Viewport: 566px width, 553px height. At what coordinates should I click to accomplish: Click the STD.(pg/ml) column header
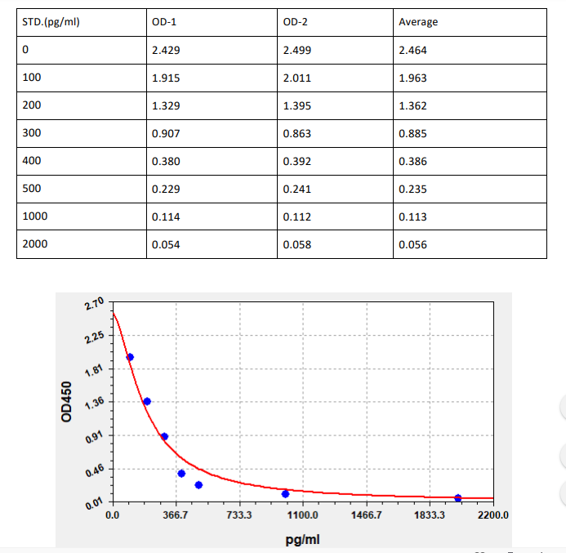[51, 22]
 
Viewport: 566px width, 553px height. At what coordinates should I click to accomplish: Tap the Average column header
[418, 22]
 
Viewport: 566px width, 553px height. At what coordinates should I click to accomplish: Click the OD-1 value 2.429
[166, 51]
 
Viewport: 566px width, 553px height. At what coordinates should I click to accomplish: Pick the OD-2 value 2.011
[296, 78]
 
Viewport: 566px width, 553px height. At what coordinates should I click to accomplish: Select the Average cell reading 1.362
[412, 106]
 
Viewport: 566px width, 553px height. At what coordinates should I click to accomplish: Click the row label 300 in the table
[32, 133]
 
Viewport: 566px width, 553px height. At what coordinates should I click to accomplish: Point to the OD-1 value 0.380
[166, 162]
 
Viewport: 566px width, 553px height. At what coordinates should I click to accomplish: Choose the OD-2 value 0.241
[296, 190]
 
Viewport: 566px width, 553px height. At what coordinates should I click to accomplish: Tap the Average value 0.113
[412, 217]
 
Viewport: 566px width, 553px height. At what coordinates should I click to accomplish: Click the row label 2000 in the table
[35, 244]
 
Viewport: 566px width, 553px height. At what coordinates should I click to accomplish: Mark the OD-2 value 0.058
[296, 245]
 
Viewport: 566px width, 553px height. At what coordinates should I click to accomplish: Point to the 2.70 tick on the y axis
[95, 305]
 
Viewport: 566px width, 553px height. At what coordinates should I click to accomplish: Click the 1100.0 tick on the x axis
[302, 516]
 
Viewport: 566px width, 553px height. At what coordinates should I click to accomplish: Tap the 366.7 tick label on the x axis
[176, 516]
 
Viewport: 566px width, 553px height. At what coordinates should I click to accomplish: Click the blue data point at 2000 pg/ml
[457, 498]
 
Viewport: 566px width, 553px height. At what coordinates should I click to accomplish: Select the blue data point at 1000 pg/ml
[285, 493]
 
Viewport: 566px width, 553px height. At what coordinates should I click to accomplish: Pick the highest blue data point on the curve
[130, 357]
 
